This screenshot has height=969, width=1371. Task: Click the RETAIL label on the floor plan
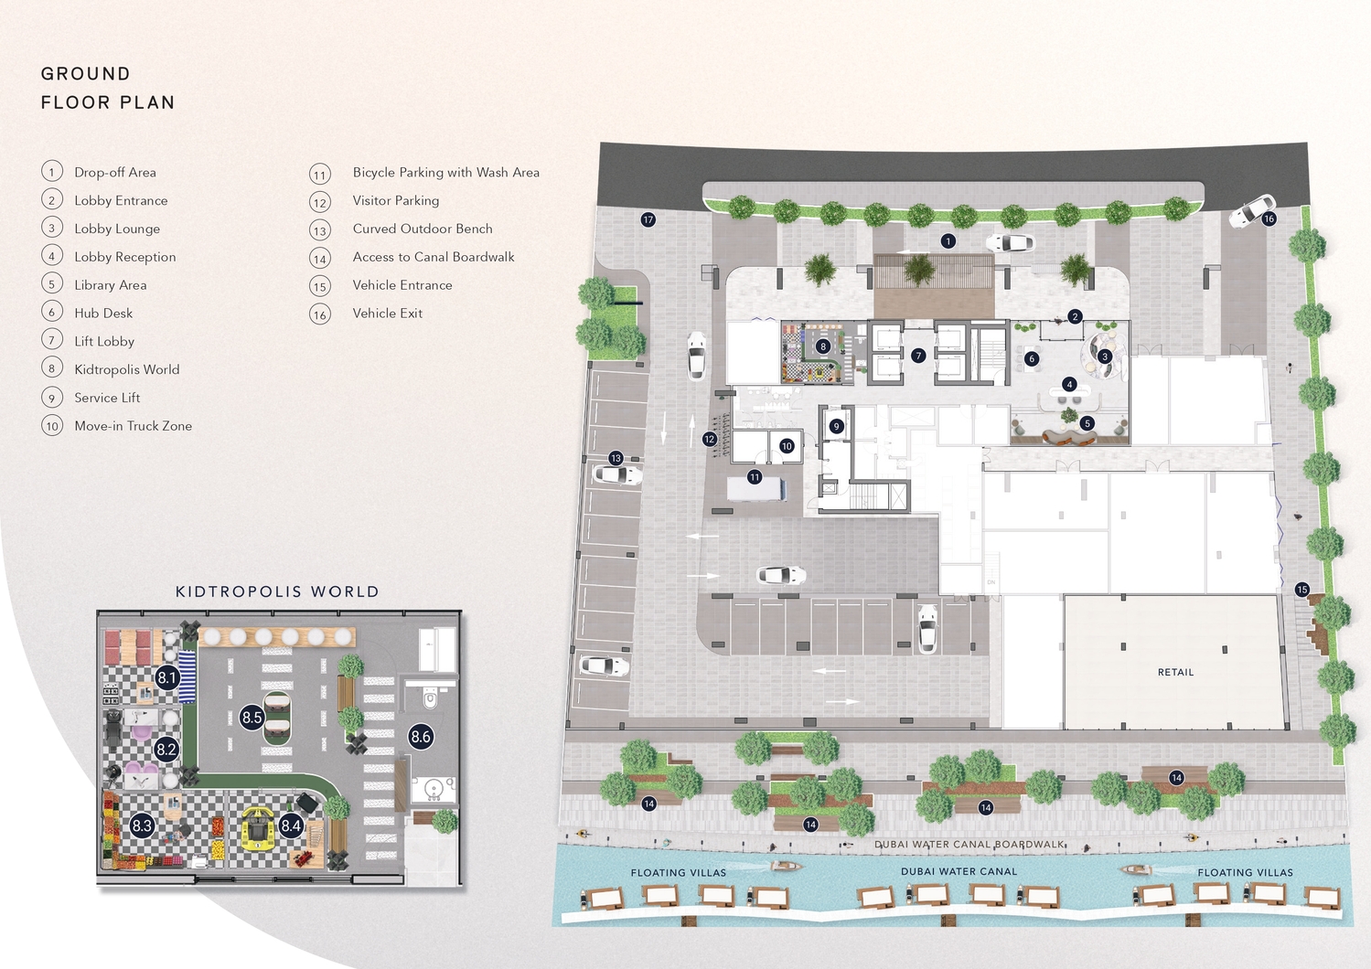1175,672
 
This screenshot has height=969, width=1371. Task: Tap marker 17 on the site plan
648,219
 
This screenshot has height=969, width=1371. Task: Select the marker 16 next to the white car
1269,218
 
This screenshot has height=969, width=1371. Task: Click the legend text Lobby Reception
124,257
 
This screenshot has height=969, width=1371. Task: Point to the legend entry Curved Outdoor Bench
422,229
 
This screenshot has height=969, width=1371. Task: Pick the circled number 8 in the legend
52,368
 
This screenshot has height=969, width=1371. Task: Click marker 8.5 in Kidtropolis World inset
252,718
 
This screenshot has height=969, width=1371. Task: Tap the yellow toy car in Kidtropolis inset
258,828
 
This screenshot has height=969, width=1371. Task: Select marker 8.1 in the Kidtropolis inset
166,677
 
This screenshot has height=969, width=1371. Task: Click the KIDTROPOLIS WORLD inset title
277,591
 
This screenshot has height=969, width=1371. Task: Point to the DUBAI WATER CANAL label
959,871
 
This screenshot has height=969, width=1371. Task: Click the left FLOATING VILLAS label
678,872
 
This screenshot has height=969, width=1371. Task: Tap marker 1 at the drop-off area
948,241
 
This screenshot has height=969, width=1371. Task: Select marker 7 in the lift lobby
918,356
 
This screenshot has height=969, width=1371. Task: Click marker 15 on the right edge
1301,590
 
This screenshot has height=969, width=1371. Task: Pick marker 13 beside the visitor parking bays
616,458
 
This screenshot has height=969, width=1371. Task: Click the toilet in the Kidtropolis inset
431,700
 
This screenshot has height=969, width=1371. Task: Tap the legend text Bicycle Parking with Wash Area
445,172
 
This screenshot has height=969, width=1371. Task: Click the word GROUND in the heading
85,74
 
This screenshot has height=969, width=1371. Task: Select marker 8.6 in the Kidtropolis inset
421,736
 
